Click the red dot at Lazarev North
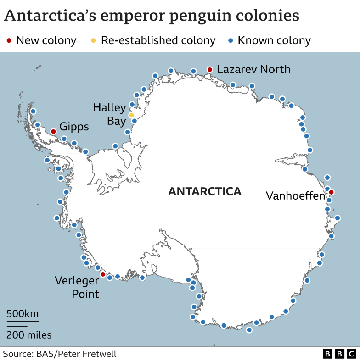point(210,70)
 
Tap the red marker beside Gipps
point(53,132)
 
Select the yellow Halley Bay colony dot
point(131,115)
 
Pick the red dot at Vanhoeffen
point(331,192)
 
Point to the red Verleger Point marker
point(103,274)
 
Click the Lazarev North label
point(253,69)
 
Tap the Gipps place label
point(74,126)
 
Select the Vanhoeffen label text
point(295,196)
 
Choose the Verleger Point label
point(77,287)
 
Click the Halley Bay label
point(110,114)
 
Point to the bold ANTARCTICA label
point(204,191)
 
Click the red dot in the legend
point(10,40)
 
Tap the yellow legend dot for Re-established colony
point(94,40)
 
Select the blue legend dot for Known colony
point(231,40)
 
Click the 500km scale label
point(22,314)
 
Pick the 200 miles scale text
point(28,335)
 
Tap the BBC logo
point(339,354)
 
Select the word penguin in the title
point(201,16)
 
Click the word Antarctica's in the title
point(49,16)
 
